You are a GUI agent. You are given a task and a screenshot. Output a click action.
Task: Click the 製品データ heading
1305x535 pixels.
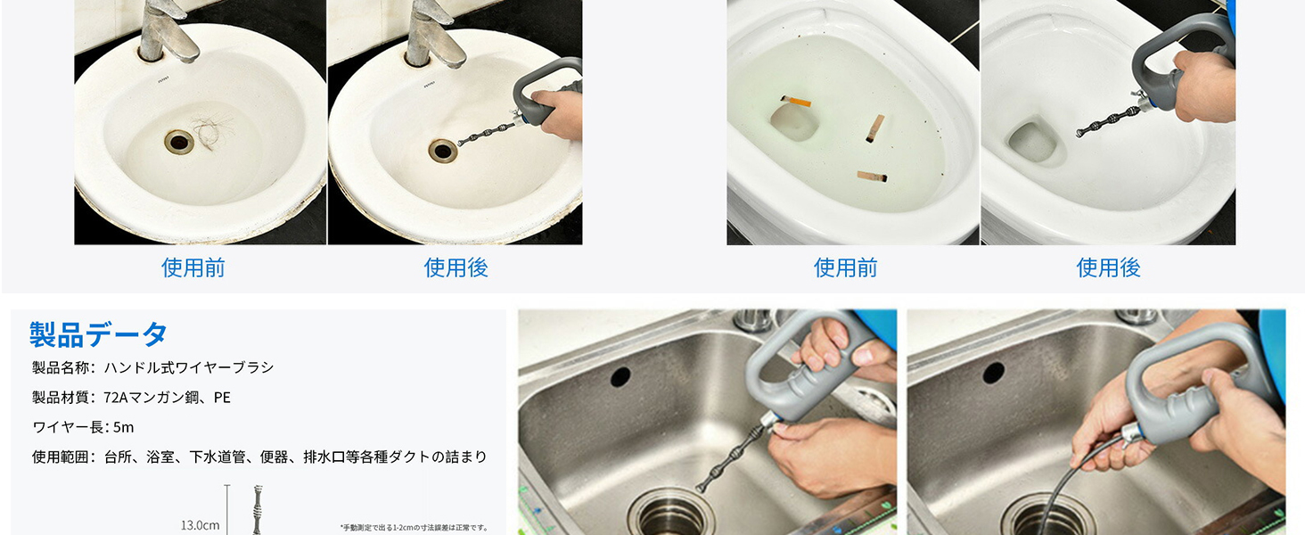pyautogui.click(x=98, y=334)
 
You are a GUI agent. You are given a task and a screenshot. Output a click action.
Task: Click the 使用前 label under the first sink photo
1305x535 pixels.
pyautogui.click(x=193, y=267)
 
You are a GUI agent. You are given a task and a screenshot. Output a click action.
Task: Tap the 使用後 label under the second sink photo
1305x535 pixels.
pyautogui.click(x=456, y=267)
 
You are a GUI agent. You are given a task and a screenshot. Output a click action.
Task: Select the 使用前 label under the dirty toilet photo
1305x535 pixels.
pyautogui.click(x=845, y=267)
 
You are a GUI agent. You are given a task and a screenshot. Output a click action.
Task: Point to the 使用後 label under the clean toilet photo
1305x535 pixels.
pyautogui.click(x=1108, y=267)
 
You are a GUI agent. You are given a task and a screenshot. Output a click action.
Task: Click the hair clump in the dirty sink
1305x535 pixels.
pyautogui.click(x=212, y=132)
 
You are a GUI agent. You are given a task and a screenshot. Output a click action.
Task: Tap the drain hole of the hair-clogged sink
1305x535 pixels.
pyautogui.click(x=179, y=142)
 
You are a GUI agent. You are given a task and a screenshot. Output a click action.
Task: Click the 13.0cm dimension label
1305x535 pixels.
pyautogui.click(x=200, y=525)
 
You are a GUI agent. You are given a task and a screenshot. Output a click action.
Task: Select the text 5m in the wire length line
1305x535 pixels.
pyautogui.click(x=124, y=427)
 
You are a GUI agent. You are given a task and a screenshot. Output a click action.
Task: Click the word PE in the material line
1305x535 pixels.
pyautogui.click(x=222, y=398)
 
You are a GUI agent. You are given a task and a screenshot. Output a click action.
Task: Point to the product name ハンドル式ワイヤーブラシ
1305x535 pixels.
pyautogui.click(x=189, y=367)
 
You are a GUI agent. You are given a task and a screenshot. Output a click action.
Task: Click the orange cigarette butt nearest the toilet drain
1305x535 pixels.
pyautogui.click(x=796, y=102)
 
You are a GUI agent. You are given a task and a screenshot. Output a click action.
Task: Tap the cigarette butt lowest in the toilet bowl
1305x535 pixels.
pyautogui.click(x=872, y=176)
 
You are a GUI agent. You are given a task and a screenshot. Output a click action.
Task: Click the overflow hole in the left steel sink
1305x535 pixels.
pyautogui.click(x=620, y=377)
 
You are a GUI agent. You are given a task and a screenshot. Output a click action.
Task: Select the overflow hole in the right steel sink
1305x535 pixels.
pyautogui.click(x=993, y=373)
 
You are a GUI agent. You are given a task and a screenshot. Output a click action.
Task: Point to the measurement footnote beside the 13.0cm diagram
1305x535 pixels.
pyautogui.click(x=414, y=528)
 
